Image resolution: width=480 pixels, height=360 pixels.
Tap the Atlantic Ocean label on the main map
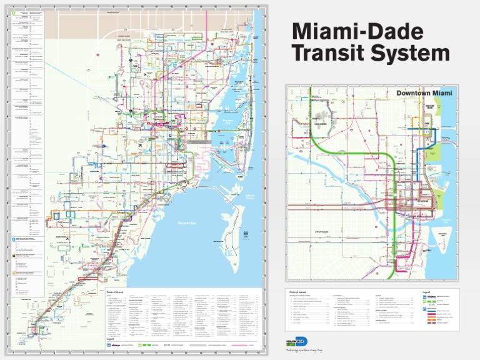(250, 199)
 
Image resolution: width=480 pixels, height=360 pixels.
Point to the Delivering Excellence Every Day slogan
(304, 350)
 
